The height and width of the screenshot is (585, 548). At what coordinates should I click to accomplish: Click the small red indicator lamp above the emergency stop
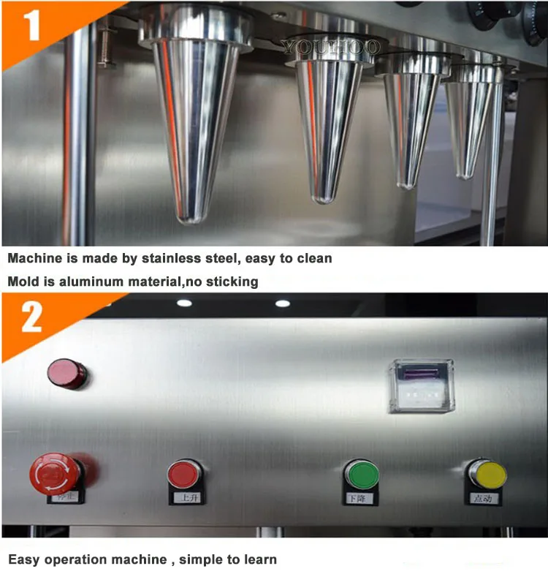click(x=66, y=373)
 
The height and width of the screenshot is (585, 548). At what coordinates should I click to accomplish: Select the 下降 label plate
click(x=360, y=498)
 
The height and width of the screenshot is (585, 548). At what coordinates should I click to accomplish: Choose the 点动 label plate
click(x=484, y=498)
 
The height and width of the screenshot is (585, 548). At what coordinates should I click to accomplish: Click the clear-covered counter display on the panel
click(x=421, y=385)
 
